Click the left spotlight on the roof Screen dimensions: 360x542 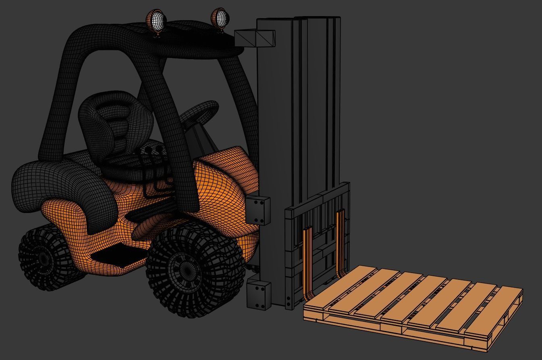[156, 21]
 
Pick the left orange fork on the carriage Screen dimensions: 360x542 [308, 262]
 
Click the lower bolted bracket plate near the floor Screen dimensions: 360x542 [259, 295]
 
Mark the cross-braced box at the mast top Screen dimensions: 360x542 [255, 38]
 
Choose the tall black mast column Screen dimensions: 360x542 [278, 121]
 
